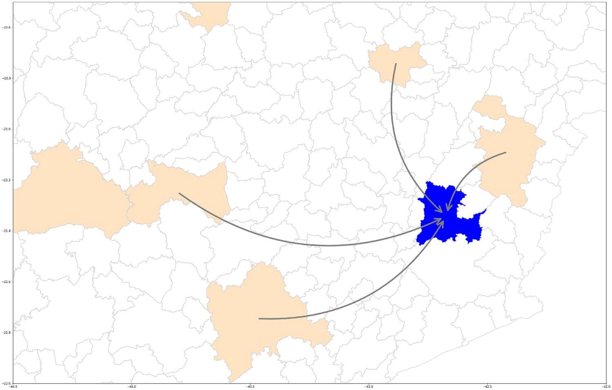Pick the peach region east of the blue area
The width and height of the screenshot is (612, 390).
(x=510, y=155)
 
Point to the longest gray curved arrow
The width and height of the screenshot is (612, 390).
(x=327, y=245)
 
